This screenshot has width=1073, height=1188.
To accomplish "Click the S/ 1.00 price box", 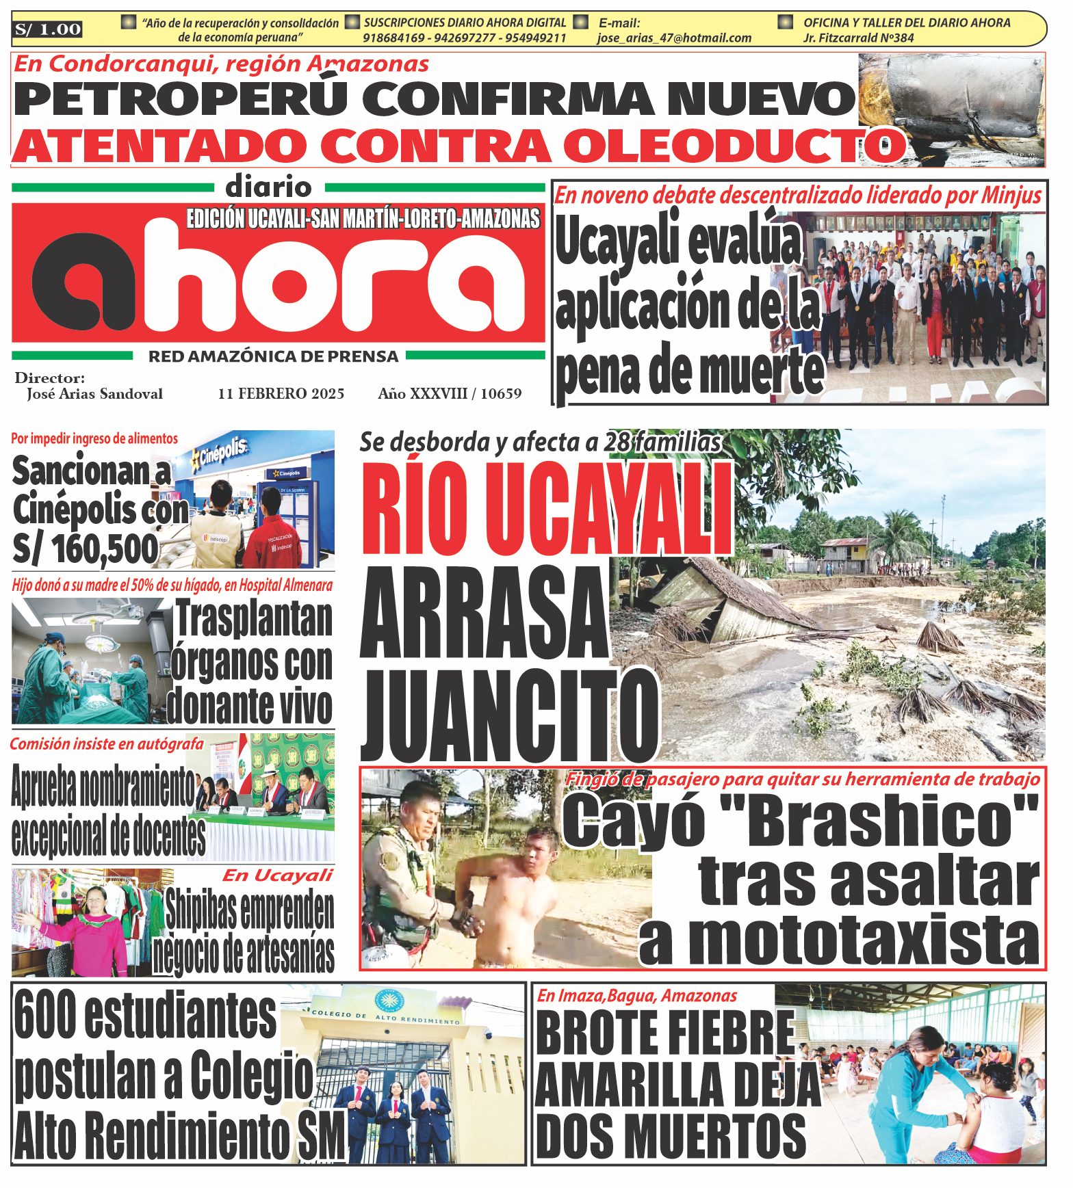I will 48,29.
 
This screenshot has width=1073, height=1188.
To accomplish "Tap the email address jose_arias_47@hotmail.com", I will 674,38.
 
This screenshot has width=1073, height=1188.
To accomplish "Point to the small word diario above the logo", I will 268,186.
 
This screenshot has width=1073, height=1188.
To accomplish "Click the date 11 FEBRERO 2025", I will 281,394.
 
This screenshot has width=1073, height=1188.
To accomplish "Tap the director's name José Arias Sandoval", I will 94,394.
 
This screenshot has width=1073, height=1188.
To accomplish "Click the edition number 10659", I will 501,394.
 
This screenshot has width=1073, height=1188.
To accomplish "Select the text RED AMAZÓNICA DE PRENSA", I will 273,356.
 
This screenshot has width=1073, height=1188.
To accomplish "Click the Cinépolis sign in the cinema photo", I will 220,452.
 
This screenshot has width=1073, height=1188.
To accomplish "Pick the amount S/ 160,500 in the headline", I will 86,549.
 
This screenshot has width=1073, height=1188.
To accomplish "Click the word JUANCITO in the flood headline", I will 509,715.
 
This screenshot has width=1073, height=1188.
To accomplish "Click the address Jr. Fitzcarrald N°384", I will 858,38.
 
